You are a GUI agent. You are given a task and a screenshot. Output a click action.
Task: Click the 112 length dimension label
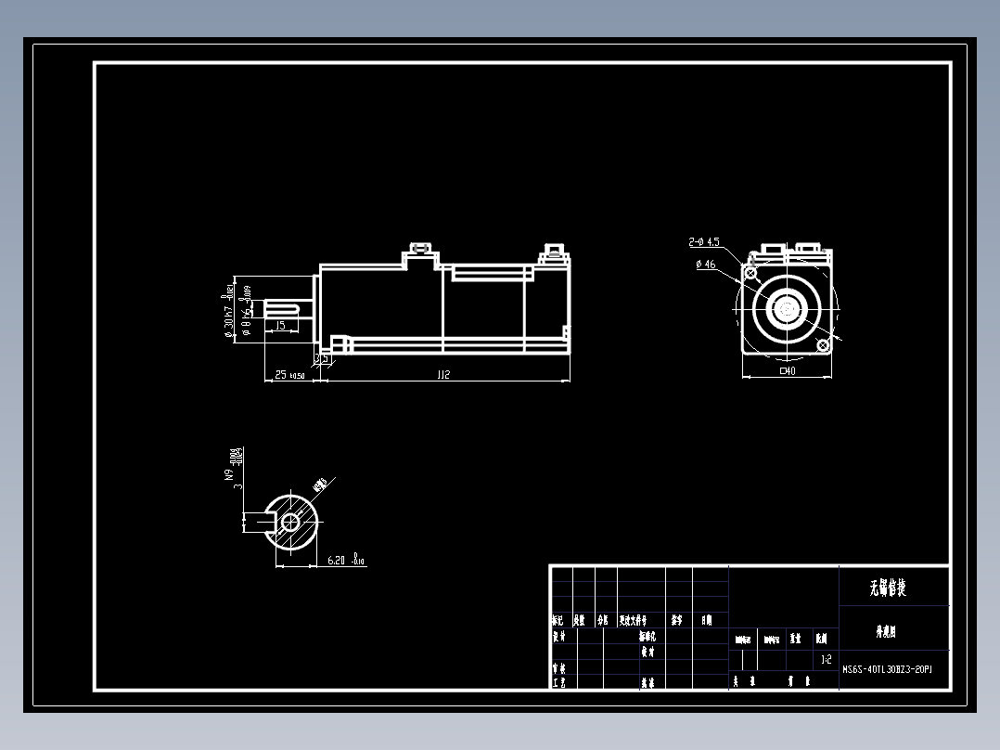pos(442,374)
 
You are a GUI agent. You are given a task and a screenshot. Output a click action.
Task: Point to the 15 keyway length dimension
pos(279,325)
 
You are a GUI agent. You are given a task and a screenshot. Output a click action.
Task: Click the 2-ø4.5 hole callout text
pos(704,242)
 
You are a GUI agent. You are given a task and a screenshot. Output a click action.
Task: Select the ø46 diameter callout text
pos(705,265)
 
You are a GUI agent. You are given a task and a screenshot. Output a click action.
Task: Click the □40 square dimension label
pos(787,371)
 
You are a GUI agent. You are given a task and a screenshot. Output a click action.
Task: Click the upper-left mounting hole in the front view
pos(750,274)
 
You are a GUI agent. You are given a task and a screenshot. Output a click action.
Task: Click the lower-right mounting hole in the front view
pos(822,345)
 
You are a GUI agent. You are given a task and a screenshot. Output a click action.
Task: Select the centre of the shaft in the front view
pos(787,309)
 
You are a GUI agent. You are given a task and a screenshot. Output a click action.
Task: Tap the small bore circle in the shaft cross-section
pos(290,523)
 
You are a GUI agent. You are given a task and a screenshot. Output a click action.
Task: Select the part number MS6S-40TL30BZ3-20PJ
pos(888,668)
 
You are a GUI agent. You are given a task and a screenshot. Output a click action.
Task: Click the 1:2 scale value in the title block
pos(826,660)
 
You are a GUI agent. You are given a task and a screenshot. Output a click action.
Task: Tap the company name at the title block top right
pos(888,587)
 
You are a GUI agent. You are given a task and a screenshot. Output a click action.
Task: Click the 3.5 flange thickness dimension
pos(322,358)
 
